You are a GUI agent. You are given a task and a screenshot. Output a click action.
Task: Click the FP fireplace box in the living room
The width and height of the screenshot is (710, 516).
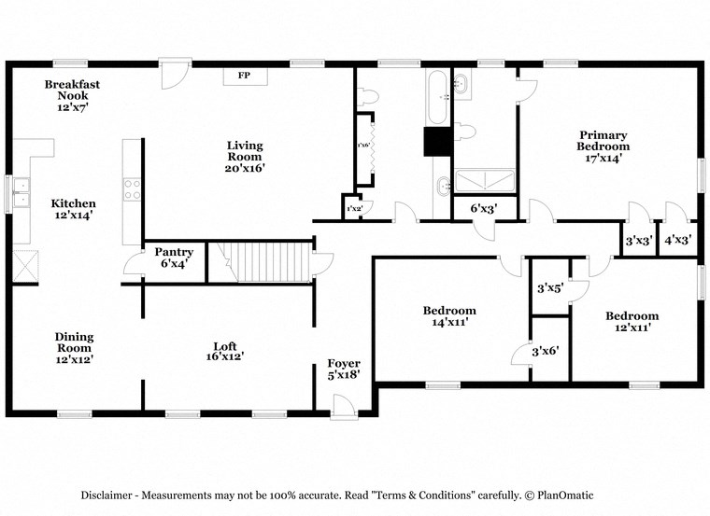click(244, 75)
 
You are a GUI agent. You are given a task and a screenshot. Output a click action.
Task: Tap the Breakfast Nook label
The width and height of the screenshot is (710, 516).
click(72, 95)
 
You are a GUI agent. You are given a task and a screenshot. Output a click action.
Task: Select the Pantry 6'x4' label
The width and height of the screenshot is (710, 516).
click(174, 258)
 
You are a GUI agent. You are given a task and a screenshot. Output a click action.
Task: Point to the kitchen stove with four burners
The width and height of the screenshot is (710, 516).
click(133, 190)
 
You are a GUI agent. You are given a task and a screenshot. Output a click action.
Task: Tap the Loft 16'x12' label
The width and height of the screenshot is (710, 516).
click(229, 350)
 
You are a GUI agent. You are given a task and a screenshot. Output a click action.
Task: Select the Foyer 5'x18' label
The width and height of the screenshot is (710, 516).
click(343, 369)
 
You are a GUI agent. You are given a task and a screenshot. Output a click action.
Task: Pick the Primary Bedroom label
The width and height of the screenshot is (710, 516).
click(603, 146)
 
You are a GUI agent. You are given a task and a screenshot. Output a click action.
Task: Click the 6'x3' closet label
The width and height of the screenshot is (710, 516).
click(483, 209)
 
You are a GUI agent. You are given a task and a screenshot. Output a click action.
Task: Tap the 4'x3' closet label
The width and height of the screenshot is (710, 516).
click(676, 240)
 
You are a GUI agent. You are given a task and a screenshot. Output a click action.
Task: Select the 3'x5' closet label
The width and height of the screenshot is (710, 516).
click(549, 288)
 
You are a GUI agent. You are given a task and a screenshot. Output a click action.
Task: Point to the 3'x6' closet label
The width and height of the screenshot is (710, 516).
click(549, 350)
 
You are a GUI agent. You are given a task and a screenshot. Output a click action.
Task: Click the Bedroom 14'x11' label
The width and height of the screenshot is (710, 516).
click(449, 316)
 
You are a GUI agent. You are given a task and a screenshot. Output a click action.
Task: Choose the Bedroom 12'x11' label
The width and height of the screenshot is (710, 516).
click(632, 321)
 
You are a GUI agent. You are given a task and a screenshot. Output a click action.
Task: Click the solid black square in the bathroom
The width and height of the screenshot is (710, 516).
click(437, 141)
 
